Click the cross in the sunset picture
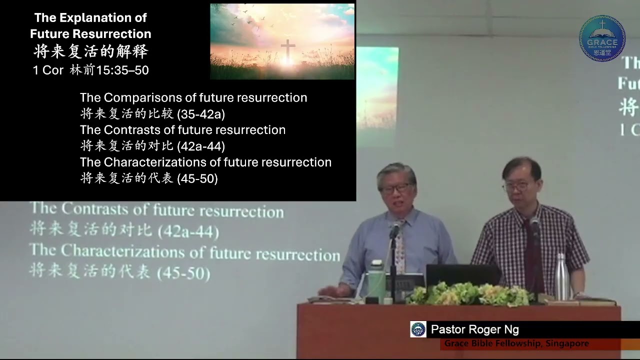(x=287, y=51)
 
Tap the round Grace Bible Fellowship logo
(x=602, y=38)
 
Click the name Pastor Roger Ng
(x=474, y=329)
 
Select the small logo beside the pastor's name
(x=418, y=329)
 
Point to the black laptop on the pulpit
(x=463, y=275)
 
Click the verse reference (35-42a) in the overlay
(x=201, y=114)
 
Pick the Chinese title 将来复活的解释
(x=90, y=51)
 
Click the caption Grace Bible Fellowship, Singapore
(x=516, y=343)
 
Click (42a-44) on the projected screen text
(x=188, y=231)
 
